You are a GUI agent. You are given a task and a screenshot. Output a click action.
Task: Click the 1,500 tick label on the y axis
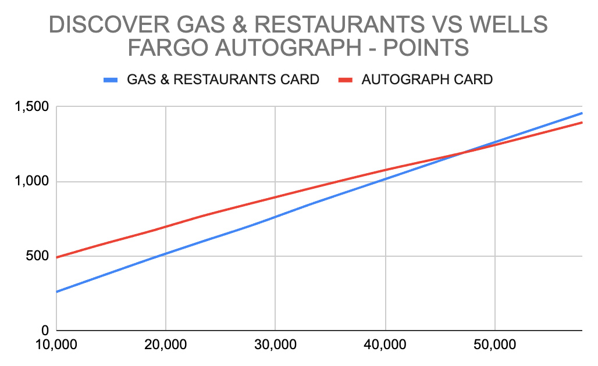[x=31, y=107]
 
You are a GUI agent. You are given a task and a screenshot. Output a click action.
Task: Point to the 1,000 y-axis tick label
[x=31, y=181]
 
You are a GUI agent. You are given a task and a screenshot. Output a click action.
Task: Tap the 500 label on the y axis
[x=37, y=256]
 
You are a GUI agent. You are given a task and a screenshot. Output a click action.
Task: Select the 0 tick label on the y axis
[x=45, y=330]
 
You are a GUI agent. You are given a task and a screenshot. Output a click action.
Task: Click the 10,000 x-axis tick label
[x=56, y=345]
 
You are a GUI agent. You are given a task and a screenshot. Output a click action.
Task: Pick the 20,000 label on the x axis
[x=166, y=345]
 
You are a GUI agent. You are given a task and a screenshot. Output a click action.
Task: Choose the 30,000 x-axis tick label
[x=275, y=345]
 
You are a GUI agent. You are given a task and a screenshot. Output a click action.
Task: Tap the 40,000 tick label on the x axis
[x=385, y=345]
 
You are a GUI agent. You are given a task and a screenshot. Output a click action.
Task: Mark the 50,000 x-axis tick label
[x=494, y=345]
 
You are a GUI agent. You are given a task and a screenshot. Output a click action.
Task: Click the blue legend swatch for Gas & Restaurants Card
[x=111, y=80]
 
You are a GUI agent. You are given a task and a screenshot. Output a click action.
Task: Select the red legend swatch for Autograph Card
[x=346, y=80]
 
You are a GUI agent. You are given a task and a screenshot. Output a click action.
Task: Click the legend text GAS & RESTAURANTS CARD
[x=223, y=80]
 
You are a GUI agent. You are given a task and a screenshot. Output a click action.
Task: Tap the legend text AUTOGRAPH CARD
[x=427, y=80]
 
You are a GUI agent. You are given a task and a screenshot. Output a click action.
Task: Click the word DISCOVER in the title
[x=109, y=24]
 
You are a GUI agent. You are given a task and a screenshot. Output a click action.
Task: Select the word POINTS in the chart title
[x=426, y=48]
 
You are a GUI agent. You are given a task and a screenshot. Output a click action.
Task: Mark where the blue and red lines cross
[x=461, y=153]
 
